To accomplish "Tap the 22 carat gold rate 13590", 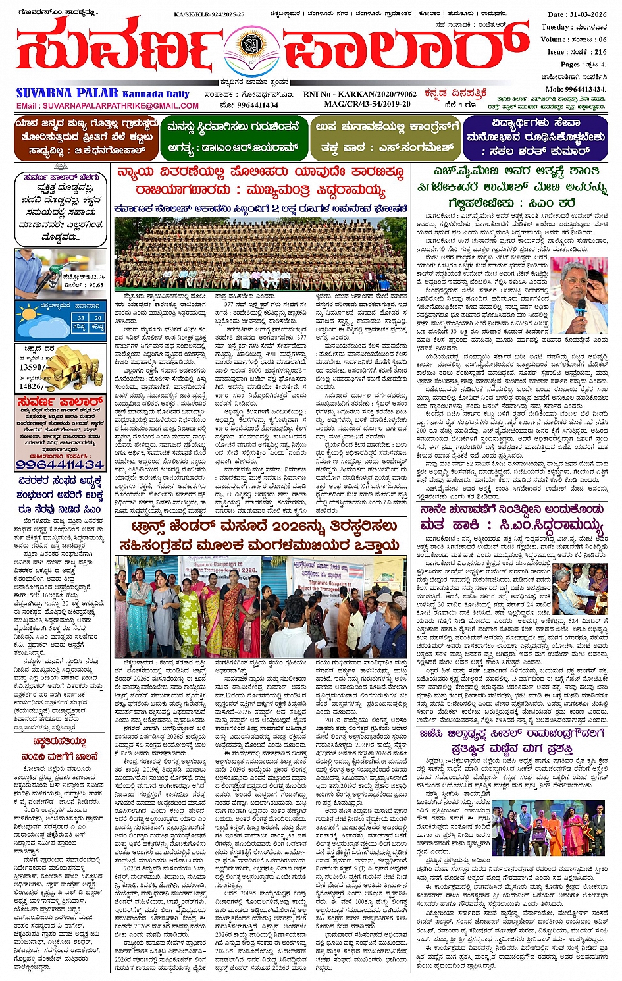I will click(32, 367).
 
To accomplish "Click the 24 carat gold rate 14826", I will click(32, 386).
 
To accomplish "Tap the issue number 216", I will click(600, 51).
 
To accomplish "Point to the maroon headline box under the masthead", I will click(86, 138).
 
